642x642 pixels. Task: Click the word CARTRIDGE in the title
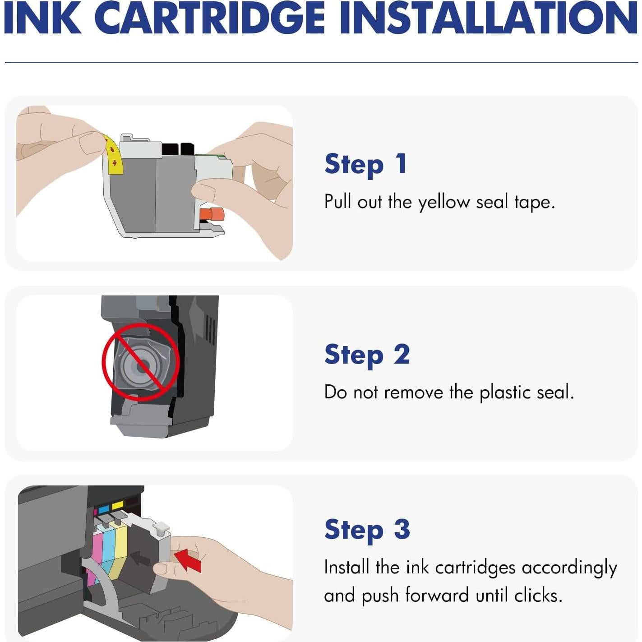(x=209, y=18)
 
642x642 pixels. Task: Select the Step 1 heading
(x=366, y=164)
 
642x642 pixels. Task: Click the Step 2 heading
(x=367, y=355)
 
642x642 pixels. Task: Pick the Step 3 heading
(x=367, y=530)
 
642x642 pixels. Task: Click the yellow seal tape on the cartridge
(x=114, y=156)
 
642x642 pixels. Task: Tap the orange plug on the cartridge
(x=213, y=214)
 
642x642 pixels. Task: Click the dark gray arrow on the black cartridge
(x=140, y=559)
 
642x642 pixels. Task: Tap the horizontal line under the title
(x=321, y=62)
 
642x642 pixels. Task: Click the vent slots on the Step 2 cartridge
(x=210, y=329)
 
